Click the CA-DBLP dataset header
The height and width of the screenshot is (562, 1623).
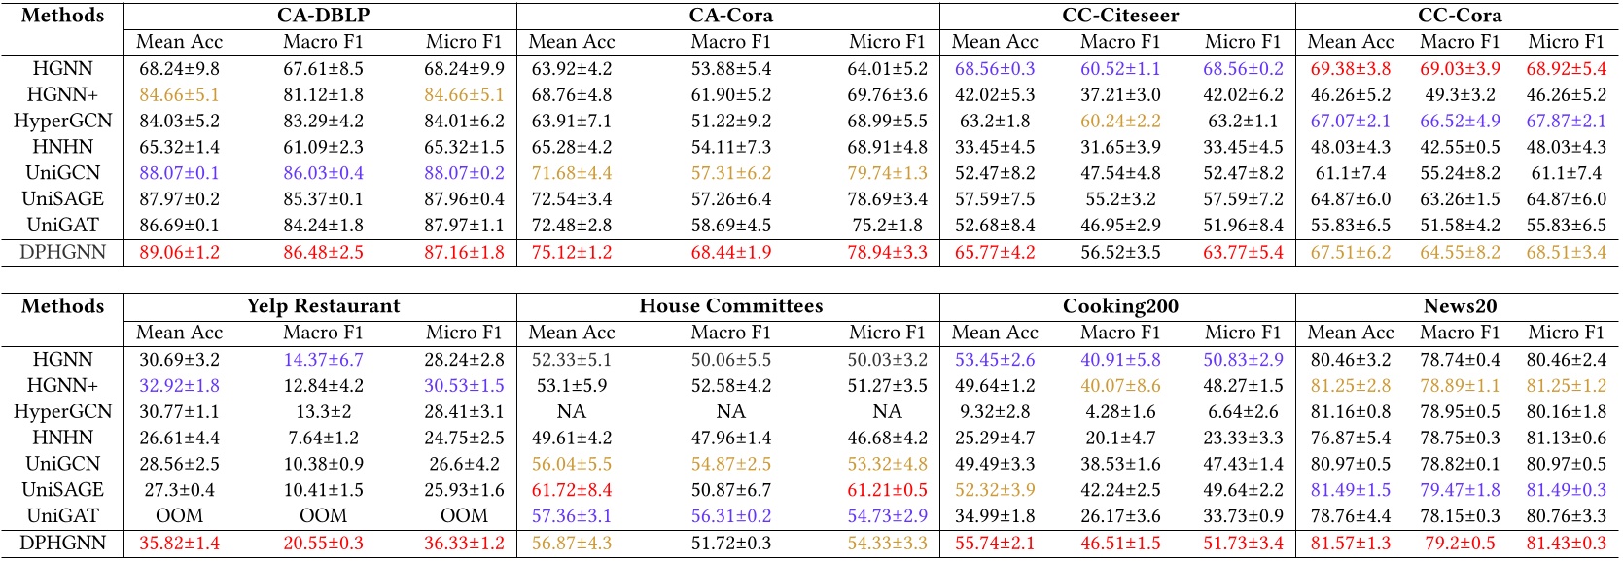323,16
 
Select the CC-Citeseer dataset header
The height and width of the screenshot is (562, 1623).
1119,16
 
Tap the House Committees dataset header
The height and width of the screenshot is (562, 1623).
730,306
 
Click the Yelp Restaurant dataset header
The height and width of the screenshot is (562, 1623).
323,306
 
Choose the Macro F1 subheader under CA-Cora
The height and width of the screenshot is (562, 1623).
730,42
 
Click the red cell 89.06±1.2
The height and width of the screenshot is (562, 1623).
179,252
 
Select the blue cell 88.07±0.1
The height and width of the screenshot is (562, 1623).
179,173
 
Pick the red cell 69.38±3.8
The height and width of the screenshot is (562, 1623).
1350,69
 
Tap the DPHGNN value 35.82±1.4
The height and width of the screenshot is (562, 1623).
179,543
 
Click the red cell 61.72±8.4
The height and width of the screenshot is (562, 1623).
572,490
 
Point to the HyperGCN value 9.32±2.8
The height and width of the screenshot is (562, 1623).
994,411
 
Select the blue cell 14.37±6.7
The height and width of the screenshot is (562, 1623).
323,360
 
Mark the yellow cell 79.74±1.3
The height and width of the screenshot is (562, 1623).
887,173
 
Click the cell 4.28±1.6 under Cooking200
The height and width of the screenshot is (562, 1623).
1120,411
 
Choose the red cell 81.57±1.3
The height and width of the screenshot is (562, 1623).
1350,543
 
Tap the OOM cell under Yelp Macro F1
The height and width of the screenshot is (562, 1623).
323,516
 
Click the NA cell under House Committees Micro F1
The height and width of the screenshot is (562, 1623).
887,411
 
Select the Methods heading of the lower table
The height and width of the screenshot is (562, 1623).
62,306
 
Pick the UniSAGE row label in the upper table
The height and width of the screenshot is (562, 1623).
62,199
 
